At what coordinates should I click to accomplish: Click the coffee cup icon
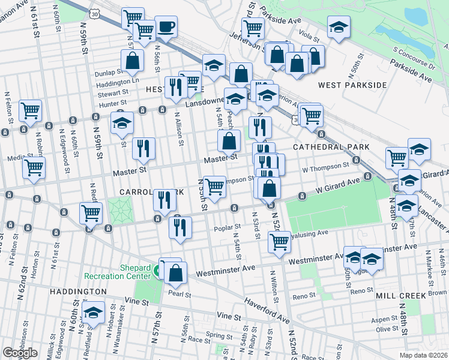coord(166,27)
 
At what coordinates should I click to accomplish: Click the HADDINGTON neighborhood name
coord(77,291)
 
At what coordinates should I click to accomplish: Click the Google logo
coord(20,352)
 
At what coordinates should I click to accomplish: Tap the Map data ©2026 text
coord(423,355)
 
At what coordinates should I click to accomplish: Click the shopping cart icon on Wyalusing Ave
coord(279,241)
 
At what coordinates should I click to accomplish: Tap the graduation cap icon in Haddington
coord(93,313)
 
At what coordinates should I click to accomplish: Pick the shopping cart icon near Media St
coord(34,167)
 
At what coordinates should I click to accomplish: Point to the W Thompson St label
coord(325,166)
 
